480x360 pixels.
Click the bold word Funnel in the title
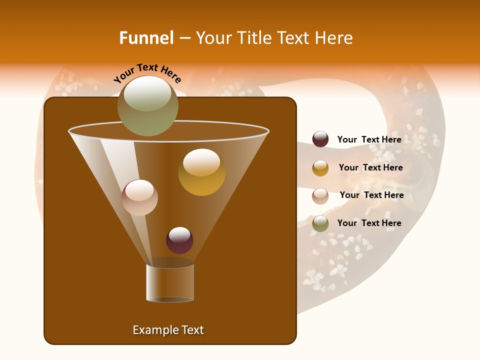tap(146, 38)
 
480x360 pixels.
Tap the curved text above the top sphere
tap(147, 73)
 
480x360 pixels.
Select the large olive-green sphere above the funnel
tap(147, 106)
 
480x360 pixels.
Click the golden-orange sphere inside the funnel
tap(201, 172)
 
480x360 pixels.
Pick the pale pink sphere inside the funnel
tap(139, 197)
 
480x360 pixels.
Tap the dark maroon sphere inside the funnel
tap(179, 240)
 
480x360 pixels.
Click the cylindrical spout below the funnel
tap(170, 282)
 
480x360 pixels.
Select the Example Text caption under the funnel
tap(168, 330)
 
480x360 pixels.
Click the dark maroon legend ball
tap(320, 139)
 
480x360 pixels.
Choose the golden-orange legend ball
tap(320, 168)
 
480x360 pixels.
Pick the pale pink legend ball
tap(320, 195)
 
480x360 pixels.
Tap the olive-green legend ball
tap(320, 223)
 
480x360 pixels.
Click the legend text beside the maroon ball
tap(369, 139)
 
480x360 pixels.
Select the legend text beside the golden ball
tap(370, 167)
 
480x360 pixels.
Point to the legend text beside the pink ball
tap(371, 195)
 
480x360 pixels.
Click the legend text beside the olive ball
tap(369, 223)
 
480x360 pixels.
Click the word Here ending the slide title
tap(335, 38)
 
